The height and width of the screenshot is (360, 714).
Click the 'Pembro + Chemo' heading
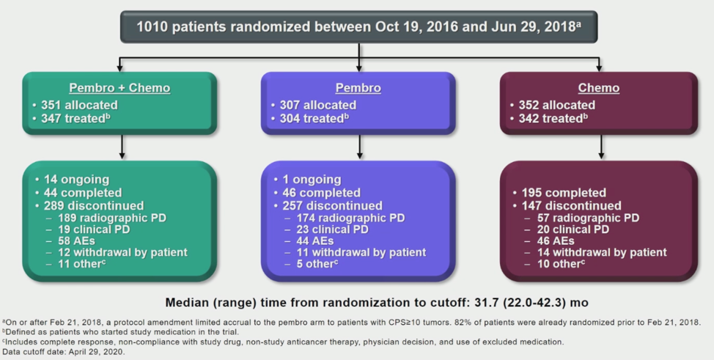[x=119, y=88]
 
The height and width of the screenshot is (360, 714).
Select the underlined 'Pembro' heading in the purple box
[x=358, y=88]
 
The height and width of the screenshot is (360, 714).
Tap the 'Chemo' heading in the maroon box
[x=599, y=88]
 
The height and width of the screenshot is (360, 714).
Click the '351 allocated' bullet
[x=79, y=106]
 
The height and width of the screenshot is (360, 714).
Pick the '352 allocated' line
[x=556, y=106]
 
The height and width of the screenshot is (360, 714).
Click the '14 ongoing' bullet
[x=76, y=180]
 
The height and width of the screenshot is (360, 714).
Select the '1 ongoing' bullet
[x=312, y=180]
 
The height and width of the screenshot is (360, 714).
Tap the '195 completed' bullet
[x=564, y=193]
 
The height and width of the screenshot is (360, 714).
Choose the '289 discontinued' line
[x=94, y=206]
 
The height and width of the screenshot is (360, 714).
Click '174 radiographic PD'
[x=350, y=218]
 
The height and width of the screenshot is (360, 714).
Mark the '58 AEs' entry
[x=76, y=241]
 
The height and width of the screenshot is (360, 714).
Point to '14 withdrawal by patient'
[x=602, y=252]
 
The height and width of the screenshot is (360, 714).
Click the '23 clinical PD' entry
[x=332, y=229]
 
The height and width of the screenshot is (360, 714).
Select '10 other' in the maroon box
[x=561, y=264]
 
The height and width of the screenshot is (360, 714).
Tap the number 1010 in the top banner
[x=152, y=27]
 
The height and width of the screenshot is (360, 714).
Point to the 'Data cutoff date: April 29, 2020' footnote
[x=63, y=352]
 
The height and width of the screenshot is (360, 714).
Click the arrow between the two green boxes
[x=122, y=147]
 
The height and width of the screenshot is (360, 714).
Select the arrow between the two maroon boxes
[x=601, y=147]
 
